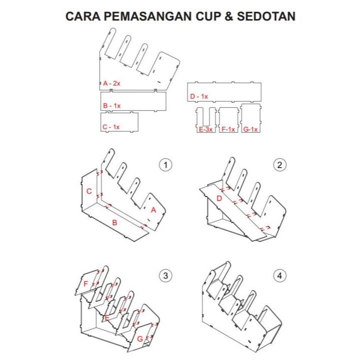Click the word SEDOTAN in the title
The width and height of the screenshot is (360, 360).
(x=264, y=16)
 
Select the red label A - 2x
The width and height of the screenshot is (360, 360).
(x=112, y=83)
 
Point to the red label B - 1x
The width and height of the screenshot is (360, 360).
(x=112, y=106)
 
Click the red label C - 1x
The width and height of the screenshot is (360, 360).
(x=111, y=127)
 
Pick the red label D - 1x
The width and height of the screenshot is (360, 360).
(x=199, y=96)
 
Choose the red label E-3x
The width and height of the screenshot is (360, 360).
(x=206, y=129)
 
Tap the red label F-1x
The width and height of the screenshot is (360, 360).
(x=228, y=129)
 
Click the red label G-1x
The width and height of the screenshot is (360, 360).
(x=250, y=129)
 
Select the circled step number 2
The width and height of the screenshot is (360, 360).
(x=280, y=165)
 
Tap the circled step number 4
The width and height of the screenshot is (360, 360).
(x=280, y=276)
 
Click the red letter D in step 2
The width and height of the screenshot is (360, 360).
(x=219, y=199)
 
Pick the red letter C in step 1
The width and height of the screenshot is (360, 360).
(x=88, y=191)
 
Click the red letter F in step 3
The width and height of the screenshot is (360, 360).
(x=86, y=284)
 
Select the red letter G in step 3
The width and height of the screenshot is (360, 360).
(x=140, y=339)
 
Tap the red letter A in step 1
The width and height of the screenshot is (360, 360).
(x=153, y=210)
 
